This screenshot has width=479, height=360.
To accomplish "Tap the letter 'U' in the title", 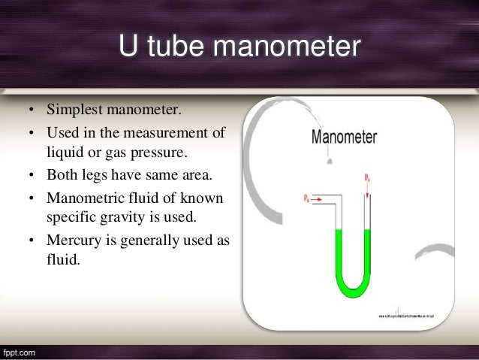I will tap(128, 48).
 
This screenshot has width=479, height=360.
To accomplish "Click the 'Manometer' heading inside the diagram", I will tap(344, 138).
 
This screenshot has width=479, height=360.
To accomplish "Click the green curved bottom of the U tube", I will tap(350, 286).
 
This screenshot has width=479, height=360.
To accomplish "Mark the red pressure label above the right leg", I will tap(366, 177).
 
